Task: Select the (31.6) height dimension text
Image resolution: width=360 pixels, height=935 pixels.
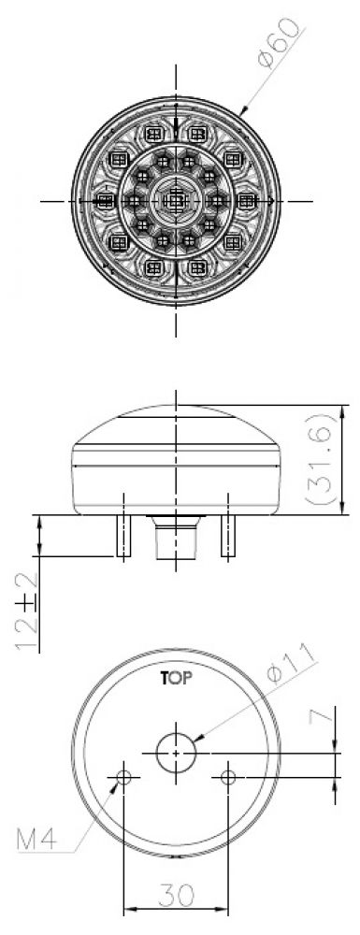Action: click(x=321, y=459)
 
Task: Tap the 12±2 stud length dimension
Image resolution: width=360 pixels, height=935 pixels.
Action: click(x=27, y=612)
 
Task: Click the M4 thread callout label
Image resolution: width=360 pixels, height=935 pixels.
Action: click(x=36, y=841)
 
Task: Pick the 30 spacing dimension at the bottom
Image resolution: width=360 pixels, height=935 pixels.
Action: click(x=176, y=894)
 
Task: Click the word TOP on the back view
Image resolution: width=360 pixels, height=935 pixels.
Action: click(x=176, y=678)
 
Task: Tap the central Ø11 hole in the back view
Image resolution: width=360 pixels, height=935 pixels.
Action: click(x=176, y=753)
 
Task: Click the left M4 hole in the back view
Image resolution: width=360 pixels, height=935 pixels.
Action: click(x=124, y=777)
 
